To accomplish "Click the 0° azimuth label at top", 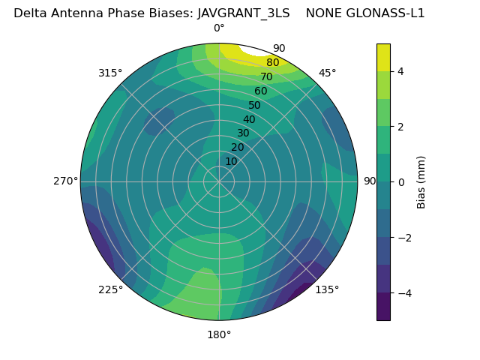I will click(x=219, y=28).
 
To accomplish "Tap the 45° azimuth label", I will click(x=327, y=73).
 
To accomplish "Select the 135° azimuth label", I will click(x=327, y=289).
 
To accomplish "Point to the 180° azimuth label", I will click(x=219, y=334).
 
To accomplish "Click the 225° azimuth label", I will click(x=110, y=289).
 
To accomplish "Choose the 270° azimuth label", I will click(x=65, y=181).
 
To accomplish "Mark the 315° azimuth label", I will click(x=110, y=73).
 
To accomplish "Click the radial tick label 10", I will click(x=231, y=161).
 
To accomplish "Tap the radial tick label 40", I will click(x=249, y=119).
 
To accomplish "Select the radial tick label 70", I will click(x=266, y=76).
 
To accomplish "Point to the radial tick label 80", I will click(x=272, y=62).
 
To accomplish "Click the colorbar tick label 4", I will click(x=400, y=71).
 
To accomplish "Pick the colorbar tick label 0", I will click(x=400, y=181).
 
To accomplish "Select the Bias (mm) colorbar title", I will click(x=421, y=181).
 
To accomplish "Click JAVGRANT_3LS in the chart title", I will click(x=244, y=13).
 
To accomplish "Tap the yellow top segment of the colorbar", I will click(x=383, y=58).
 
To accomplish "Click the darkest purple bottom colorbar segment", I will click(x=383, y=306).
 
